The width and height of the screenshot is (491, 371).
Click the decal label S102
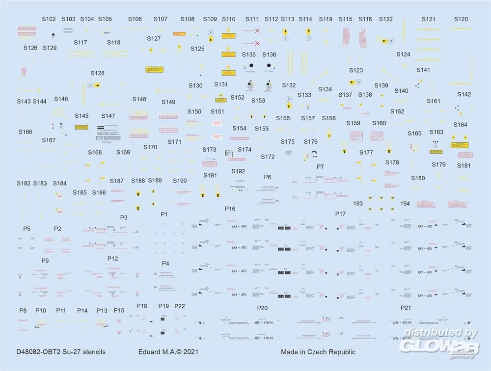49,19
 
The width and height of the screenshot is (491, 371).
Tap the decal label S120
461,19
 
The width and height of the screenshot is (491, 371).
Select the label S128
97,73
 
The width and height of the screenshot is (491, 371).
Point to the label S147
108,116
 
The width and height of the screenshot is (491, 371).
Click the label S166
26,132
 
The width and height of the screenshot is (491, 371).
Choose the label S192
238,171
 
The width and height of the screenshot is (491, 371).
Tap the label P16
230,209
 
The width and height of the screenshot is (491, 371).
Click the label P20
262,308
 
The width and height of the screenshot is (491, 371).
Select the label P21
406,308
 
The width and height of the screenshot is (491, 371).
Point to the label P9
45,260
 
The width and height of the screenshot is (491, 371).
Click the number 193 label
358,203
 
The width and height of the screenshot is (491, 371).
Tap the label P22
180,306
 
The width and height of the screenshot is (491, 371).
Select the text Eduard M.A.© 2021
168,352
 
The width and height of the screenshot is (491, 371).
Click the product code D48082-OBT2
39,352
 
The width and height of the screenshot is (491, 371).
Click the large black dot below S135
250,65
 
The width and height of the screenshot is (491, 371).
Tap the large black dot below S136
269,65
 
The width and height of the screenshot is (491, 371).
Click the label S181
464,165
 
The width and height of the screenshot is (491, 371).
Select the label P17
340,213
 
